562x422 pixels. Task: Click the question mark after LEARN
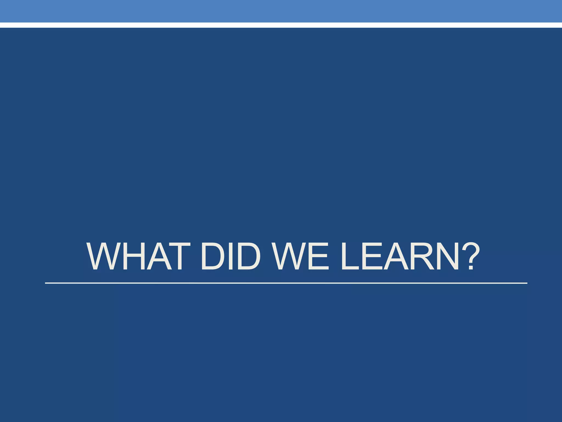point(470,256)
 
